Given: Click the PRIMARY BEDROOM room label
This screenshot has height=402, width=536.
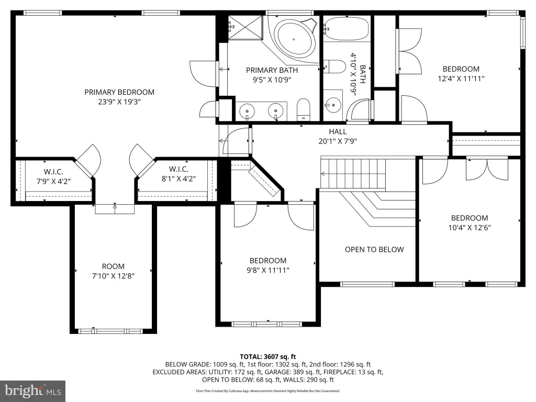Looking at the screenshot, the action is click(119, 92).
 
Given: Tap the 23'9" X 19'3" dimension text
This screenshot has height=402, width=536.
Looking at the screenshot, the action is click(119, 102).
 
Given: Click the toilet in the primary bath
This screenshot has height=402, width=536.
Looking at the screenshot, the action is click(303, 109).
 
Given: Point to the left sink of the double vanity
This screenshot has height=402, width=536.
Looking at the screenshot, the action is click(247, 112).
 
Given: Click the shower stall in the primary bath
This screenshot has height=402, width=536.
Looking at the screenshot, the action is click(245, 28).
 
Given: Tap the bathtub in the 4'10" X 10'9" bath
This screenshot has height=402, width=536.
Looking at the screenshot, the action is click(347, 28).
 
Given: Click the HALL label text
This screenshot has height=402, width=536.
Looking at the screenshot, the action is click(338, 131).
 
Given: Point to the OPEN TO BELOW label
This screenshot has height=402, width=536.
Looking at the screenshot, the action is click(374, 250).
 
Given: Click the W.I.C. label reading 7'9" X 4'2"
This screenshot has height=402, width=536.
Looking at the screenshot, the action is click(53, 176).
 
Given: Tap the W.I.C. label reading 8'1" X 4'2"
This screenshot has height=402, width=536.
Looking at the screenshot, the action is click(178, 174).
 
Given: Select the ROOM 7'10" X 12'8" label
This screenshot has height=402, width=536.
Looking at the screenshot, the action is click(113, 271).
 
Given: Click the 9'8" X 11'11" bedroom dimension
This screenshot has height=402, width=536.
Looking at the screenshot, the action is click(268, 271).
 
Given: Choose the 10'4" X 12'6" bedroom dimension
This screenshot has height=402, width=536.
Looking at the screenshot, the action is click(470, 228).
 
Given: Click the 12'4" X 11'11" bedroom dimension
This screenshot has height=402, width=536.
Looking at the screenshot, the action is click(461, 79).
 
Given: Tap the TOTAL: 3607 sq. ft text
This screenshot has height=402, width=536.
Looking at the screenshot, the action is click(268, 357).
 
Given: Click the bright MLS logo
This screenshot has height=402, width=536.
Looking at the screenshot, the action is click(33, 391).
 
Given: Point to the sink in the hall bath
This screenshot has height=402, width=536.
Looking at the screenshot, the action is click(332, 105).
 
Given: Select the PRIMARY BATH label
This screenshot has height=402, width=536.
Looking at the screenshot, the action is click(272, 71).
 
